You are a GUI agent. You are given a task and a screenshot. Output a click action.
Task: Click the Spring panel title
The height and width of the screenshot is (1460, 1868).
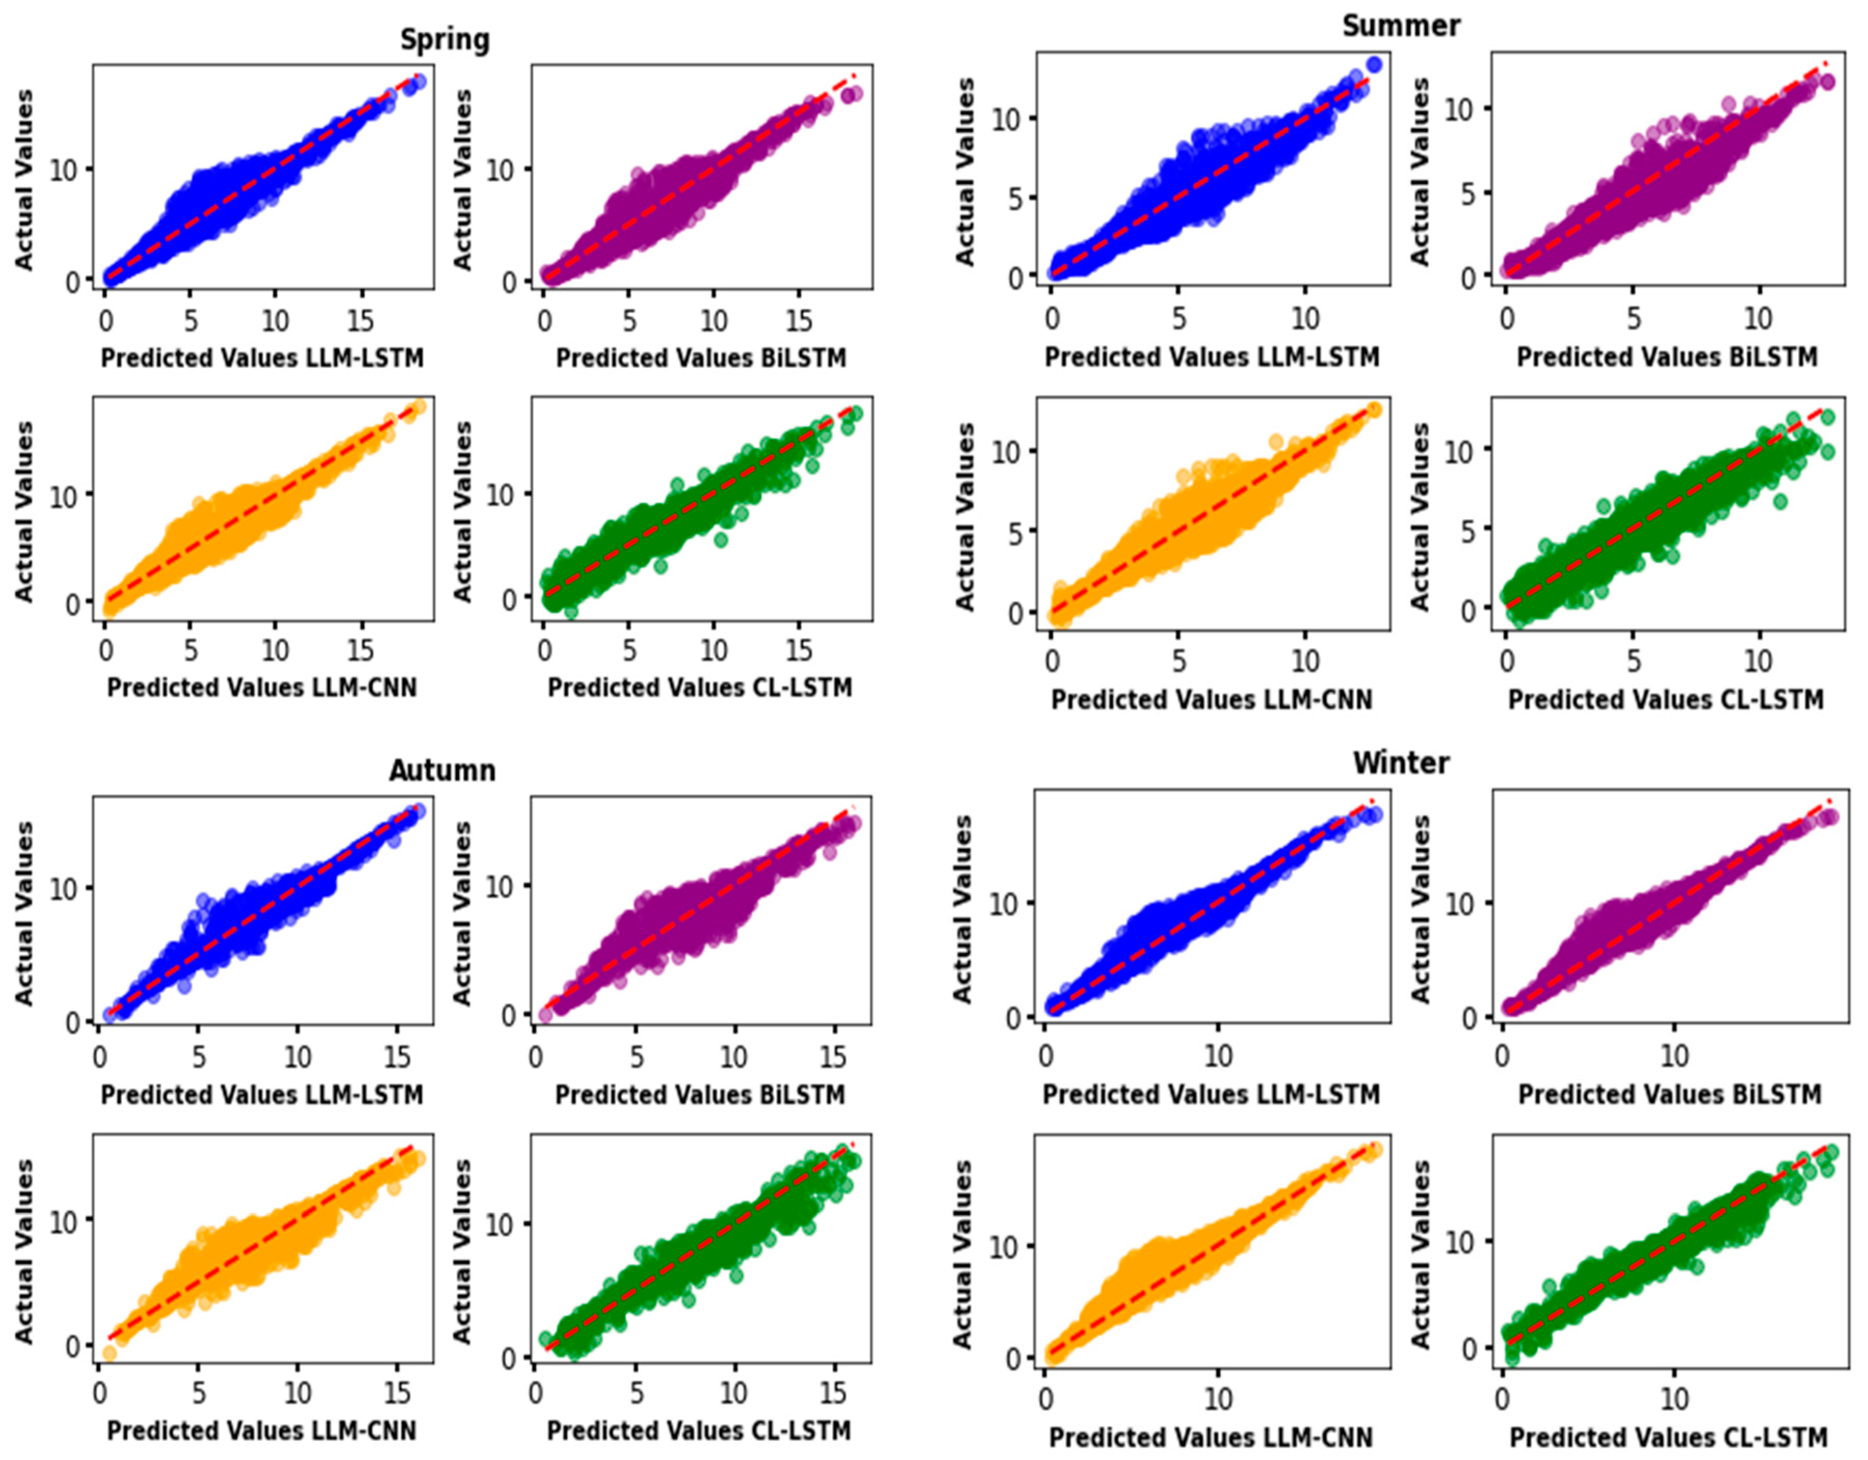coord(445,40)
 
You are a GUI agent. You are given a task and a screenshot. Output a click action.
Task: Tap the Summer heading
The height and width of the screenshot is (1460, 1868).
coord(1400,25)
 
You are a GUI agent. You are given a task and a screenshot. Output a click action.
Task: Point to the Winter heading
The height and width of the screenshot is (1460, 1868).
coord(1400,762)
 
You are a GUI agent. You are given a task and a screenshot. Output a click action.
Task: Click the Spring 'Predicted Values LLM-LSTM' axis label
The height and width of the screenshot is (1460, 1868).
coord(262,358)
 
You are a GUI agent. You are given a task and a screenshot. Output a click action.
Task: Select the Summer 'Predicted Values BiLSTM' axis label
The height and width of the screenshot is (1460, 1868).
coord(1667,357)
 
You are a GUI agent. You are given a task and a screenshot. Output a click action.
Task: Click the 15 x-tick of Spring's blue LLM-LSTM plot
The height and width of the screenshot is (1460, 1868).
coord(360,321)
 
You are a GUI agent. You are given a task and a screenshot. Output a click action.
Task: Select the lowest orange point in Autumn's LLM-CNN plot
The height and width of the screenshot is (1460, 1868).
coord(110,1353)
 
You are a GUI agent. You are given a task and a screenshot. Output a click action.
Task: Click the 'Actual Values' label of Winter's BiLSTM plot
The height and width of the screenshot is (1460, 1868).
coord(1420,908)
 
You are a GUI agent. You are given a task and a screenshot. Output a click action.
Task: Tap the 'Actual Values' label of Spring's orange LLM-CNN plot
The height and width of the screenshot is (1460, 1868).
coord(24,511)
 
